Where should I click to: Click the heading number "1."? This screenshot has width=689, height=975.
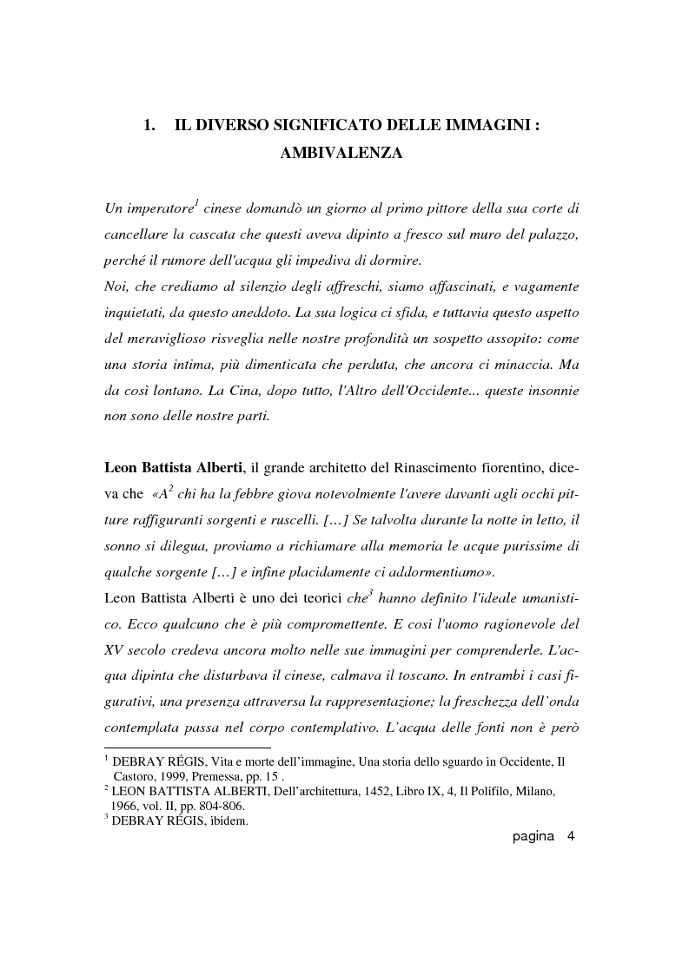point(149,125)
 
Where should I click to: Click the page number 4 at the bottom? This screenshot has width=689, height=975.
point(571,837)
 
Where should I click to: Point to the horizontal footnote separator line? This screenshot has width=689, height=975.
point(187,748)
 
